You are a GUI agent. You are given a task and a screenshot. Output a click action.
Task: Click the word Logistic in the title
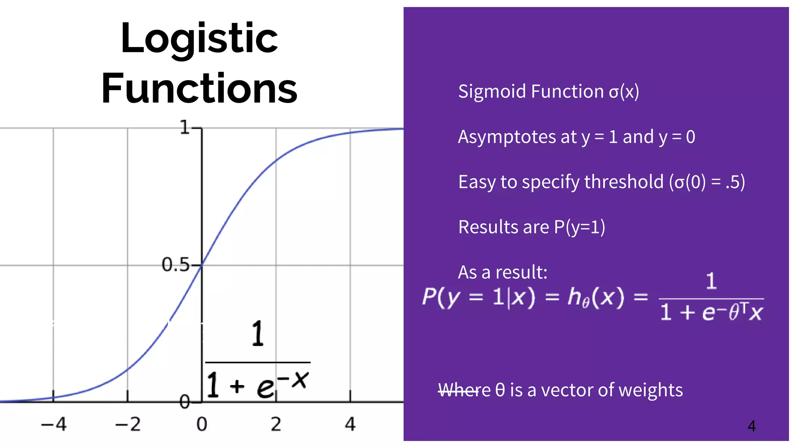pyautogui.click(x=199, y=39)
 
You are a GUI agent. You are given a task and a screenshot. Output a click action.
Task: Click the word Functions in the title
pyautogui.click(x=199, y=89)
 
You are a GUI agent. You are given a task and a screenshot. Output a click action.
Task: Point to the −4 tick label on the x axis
pyautogui.click(x=54, y=424)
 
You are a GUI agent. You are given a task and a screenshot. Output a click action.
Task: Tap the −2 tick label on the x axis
pyautogui.click(x=128, y=424)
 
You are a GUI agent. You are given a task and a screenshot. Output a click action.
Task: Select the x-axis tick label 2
pyautogui.click(x=276, y=424)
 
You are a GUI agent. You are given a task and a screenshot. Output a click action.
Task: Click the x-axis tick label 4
pyautogui.click(x=350, y=424)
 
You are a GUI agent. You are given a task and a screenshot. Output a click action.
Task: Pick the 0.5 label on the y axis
pyautogui.click(x=175, y=265)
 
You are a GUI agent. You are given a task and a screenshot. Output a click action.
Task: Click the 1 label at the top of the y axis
pyautogui.click(x=185, y=127)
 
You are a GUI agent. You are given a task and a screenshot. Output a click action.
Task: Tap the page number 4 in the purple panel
pyautogui.click(x=752, y=426)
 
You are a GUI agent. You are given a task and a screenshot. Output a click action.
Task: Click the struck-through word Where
pyautogui.click(x=464, y=390)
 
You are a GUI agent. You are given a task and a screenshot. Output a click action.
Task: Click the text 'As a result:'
pyautogui.click(x=503, y=272)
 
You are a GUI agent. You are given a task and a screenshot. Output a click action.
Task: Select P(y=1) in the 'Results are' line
pyautogui.click(x=580, y=227)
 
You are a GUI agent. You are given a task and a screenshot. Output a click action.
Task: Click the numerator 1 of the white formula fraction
pyautogui.click(x=711, y=281)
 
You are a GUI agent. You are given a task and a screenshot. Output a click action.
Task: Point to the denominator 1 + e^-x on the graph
pyautogui.click(x=257, y=384)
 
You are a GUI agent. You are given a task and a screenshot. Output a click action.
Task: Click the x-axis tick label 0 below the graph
pyautogui.click(x=202, y=424)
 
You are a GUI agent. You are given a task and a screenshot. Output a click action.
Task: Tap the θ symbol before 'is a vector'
pyautogui.click(x=500, y=390)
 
